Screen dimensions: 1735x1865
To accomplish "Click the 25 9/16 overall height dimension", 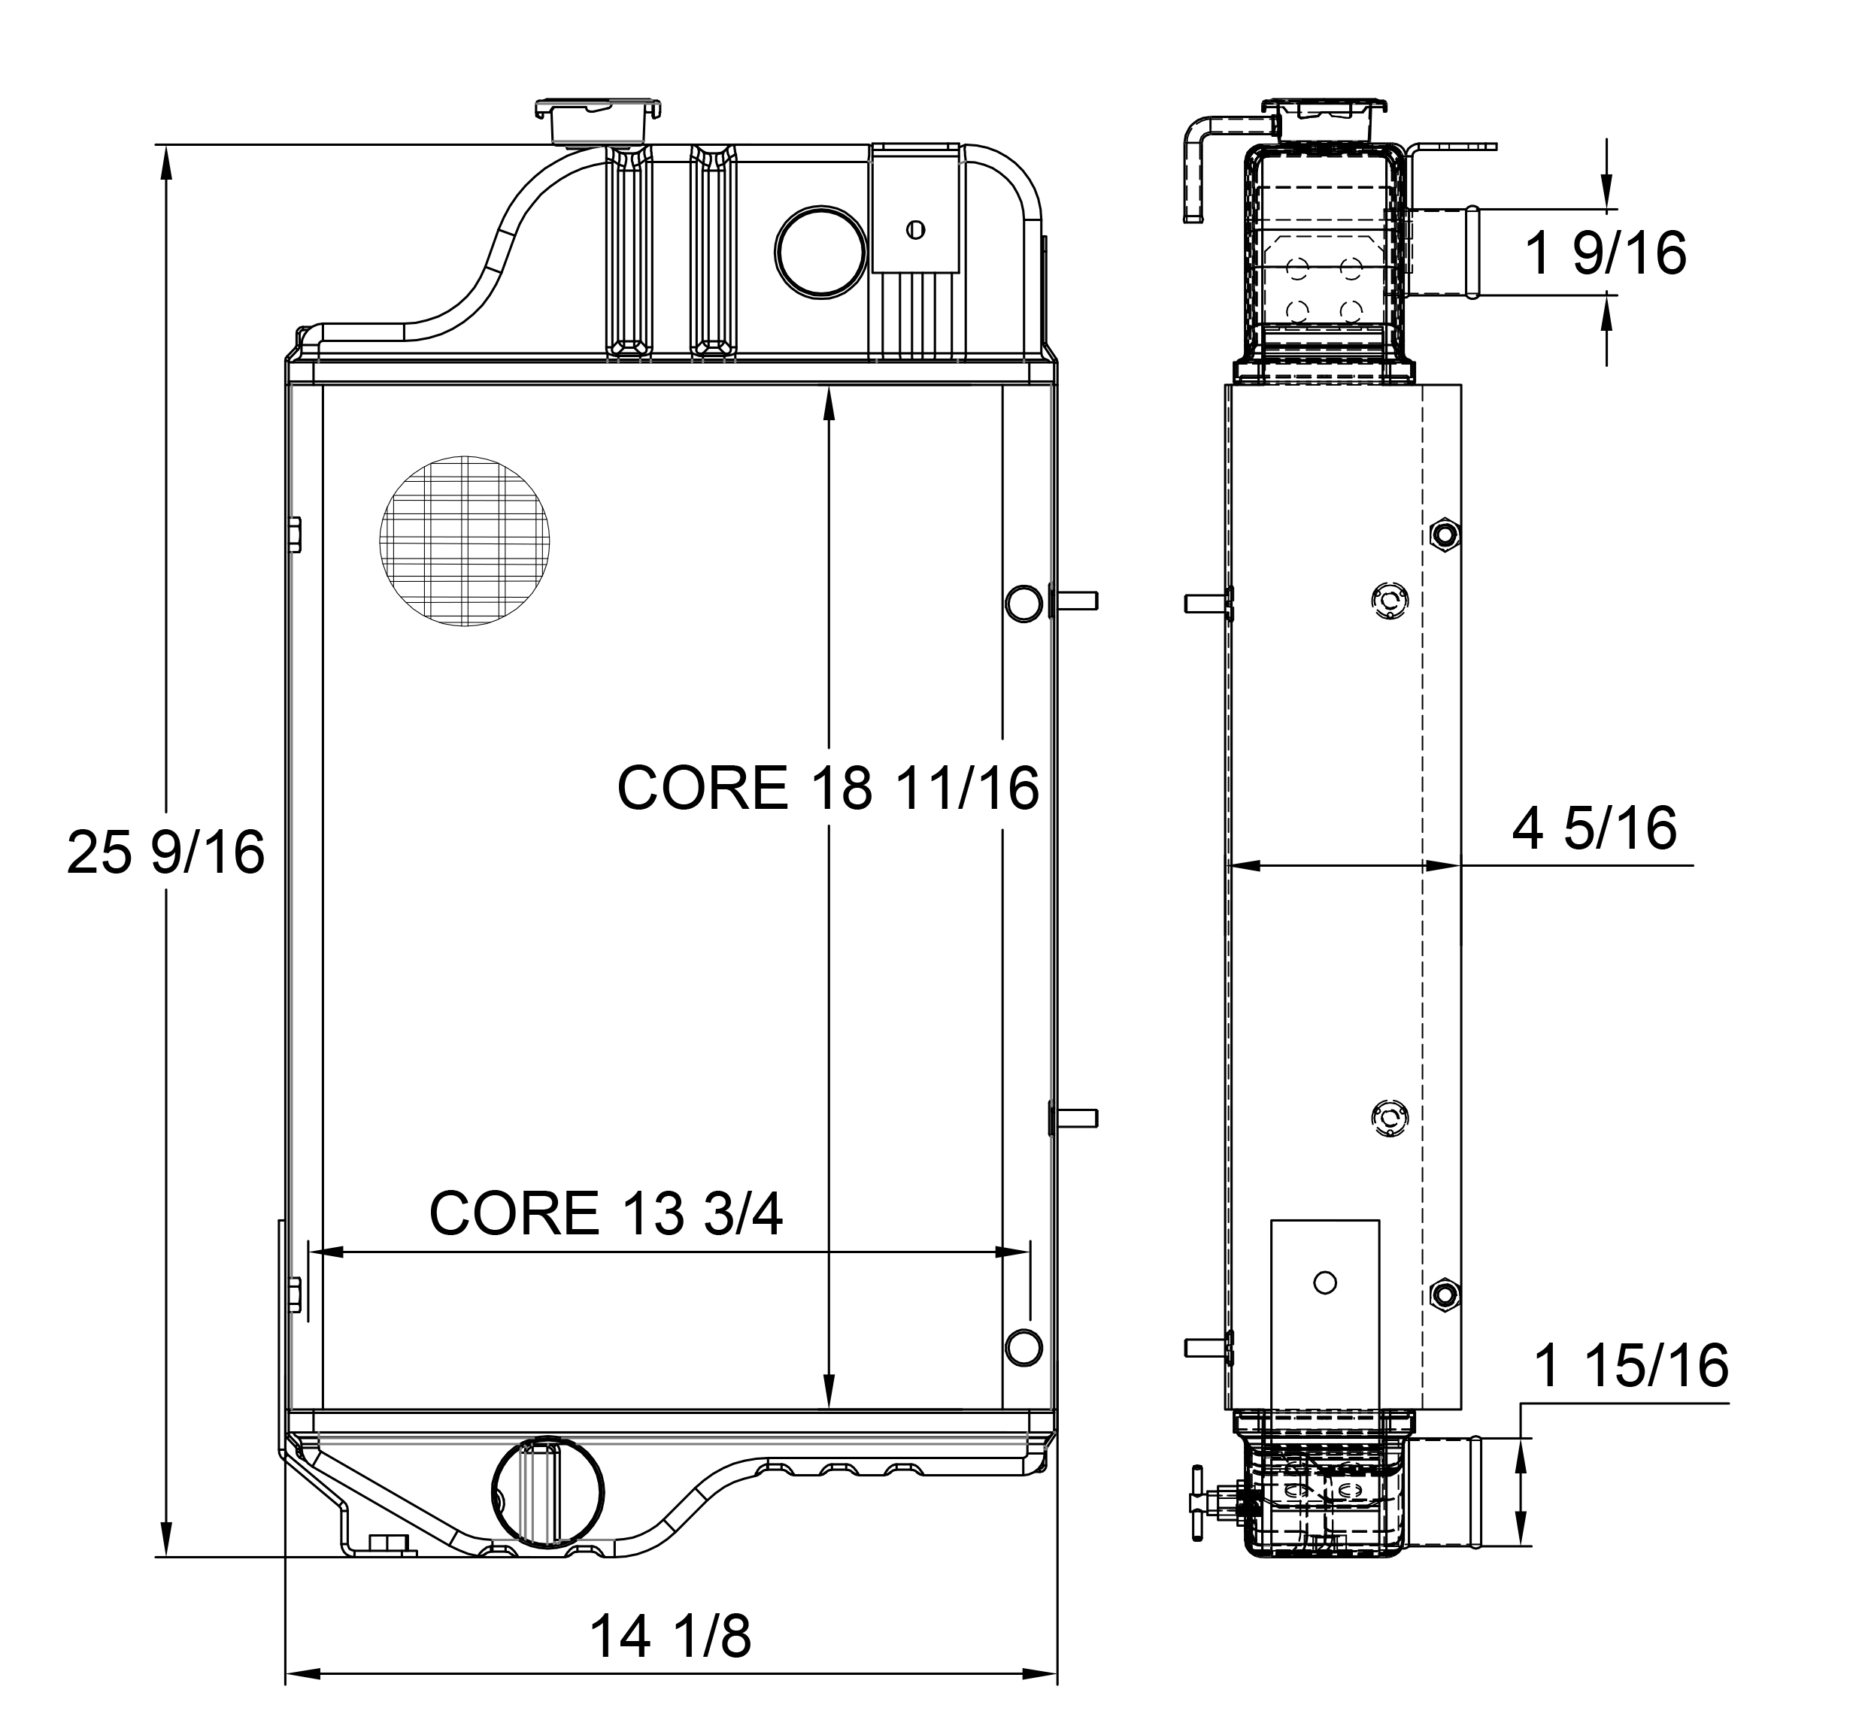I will pyautogui.click(x=165, y=853).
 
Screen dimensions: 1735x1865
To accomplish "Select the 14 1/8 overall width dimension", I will pyautogui.click(x=670, y=1637).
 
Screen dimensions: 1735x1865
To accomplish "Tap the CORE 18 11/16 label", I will pyautogui.click(x=827, y=788).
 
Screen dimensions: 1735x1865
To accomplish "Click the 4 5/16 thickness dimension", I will pyautogui.click(x=1594, y=828).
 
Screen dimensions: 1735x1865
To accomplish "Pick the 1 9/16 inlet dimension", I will pyautogui.click(x=1605, y=253).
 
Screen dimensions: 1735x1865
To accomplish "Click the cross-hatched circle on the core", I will pyautogui.click(x=465, y=541).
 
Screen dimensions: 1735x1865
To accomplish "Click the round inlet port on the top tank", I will pyautogui.click(x=820, y=253).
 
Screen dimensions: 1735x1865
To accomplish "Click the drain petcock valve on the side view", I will pyautogui.click(x=1205, y=1504).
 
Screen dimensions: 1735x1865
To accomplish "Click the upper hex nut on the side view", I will pyautogui.click(x=1445, y=534).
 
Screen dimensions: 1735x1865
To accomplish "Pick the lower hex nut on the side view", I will pyautogui.click(x=1445, y=1295).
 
